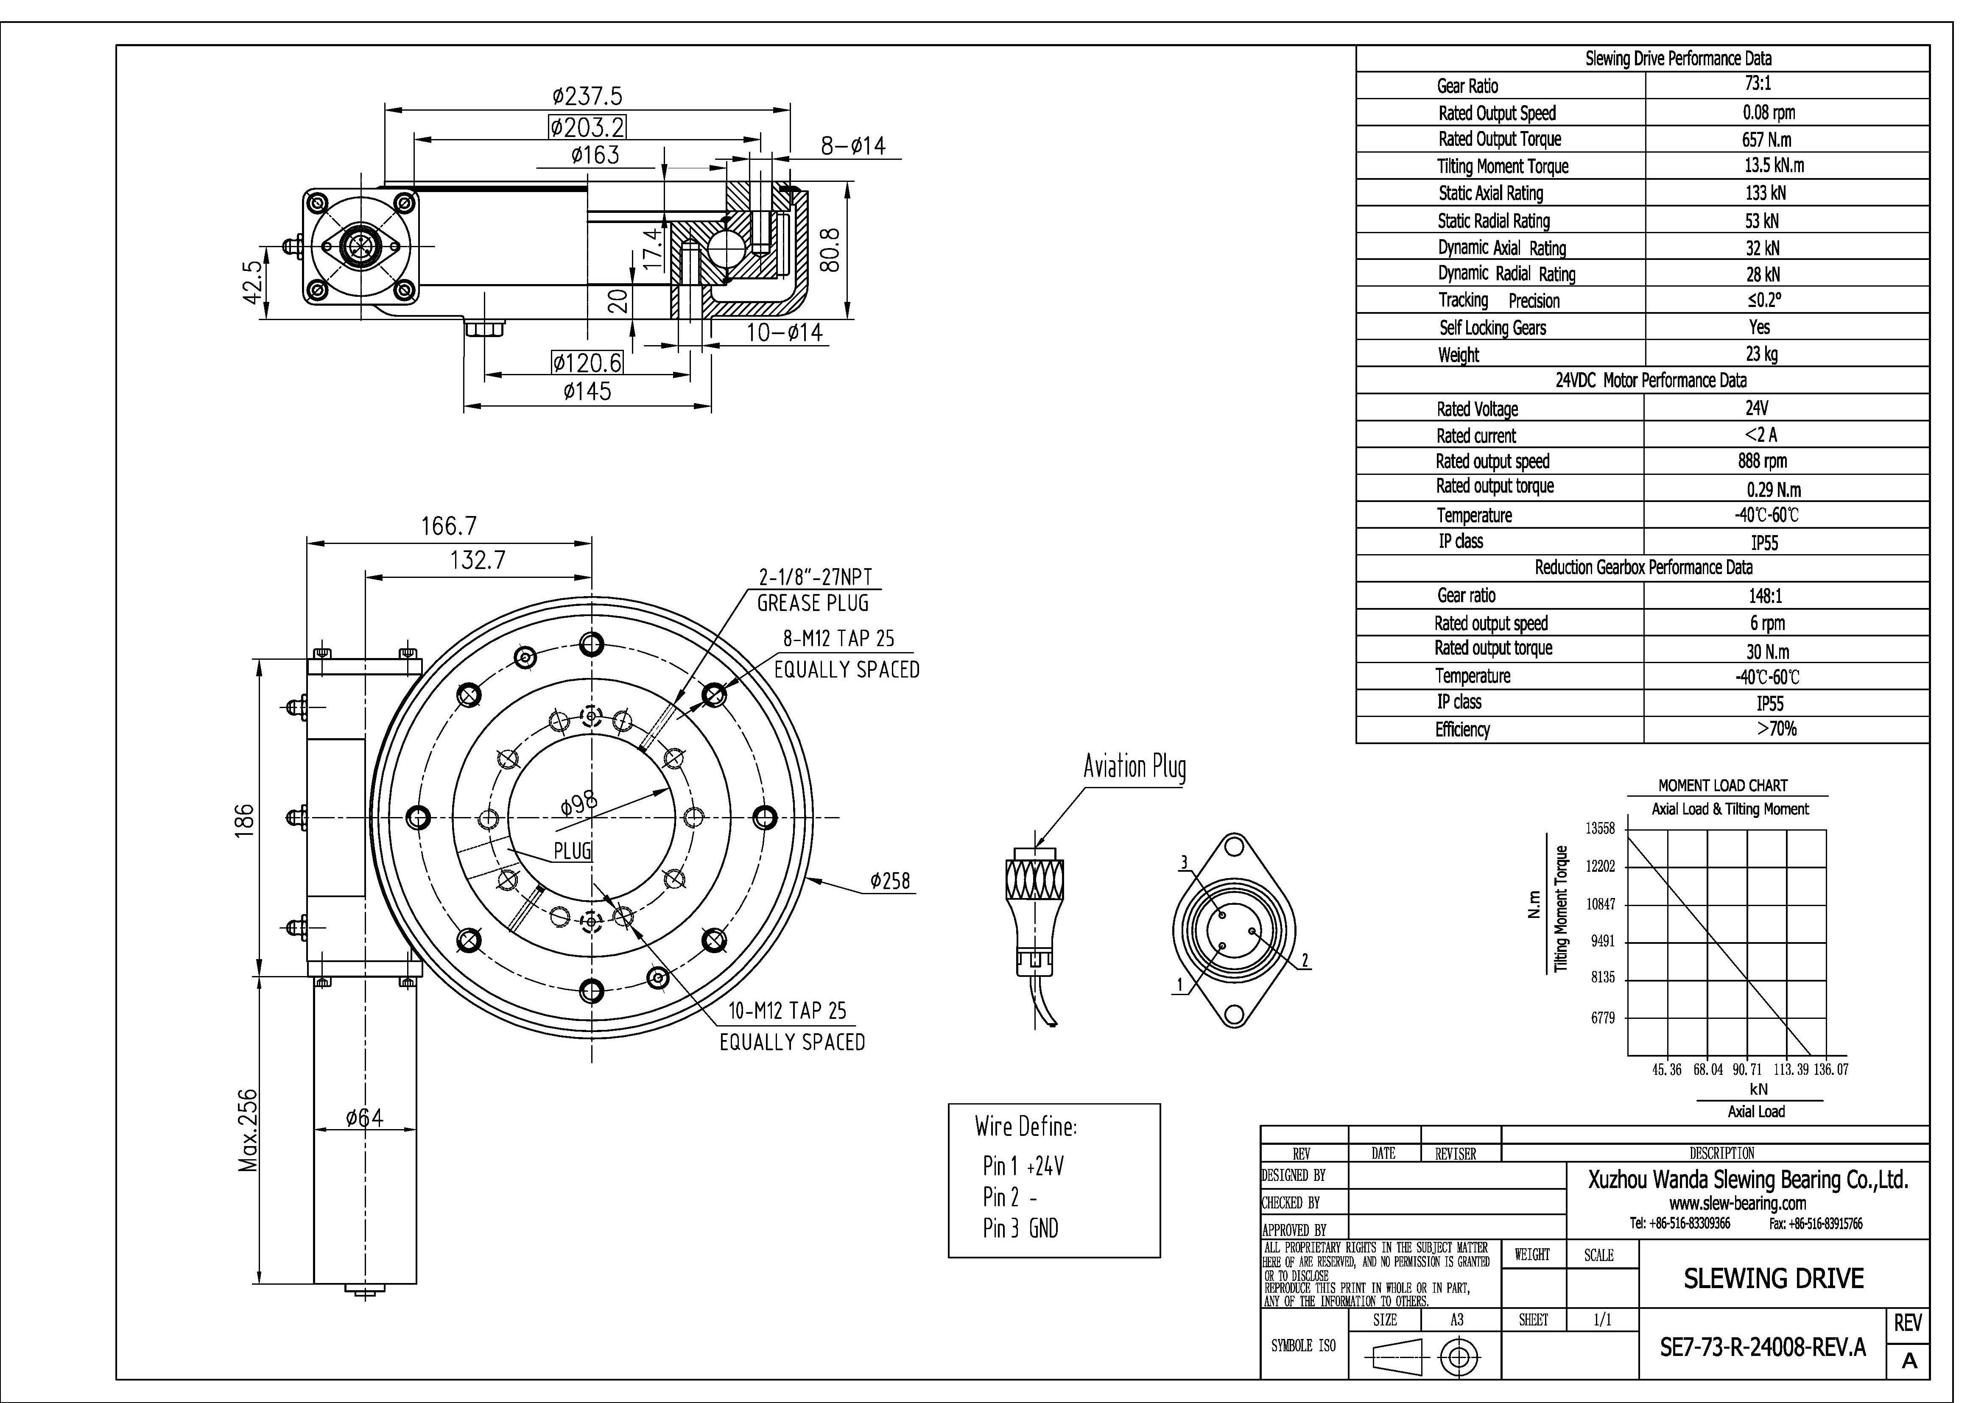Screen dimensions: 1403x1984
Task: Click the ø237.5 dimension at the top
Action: (587, 96)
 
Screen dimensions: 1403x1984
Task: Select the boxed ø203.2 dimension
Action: (587, 128)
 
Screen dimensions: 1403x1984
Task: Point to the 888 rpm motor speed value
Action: (1763, 461)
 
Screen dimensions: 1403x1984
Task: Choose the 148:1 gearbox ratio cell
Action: (1764, 596)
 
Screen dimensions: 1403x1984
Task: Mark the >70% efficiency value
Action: (1777, 729)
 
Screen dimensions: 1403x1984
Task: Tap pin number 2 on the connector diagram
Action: (1305, 961)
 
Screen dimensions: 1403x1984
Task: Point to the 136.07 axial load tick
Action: (1831, 1070)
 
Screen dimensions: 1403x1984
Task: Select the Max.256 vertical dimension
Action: (248, 1130)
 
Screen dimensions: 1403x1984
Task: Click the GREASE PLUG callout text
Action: (812, 603)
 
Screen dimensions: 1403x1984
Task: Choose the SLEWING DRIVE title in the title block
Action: (1773, 1279)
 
